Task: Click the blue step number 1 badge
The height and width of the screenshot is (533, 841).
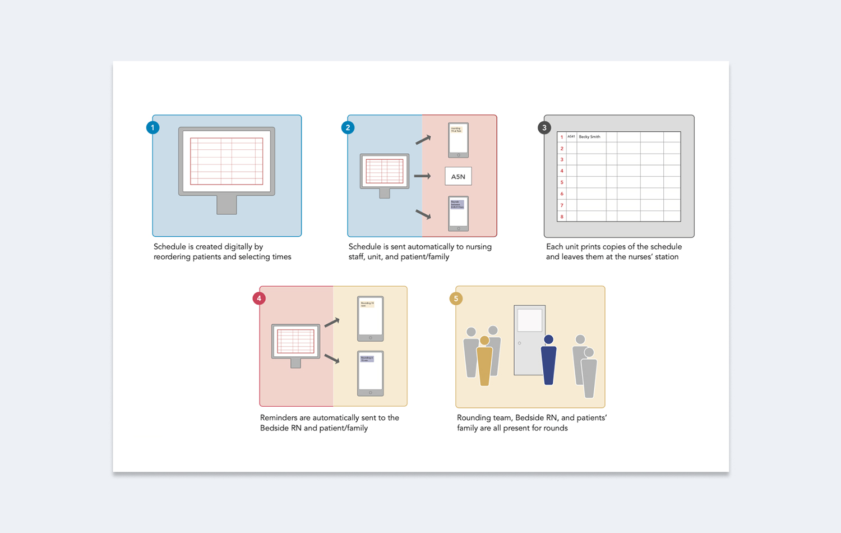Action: coord(153,128)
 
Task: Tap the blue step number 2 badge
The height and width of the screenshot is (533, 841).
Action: coord(348,128)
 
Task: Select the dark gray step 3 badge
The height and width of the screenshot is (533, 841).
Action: coord(544,128)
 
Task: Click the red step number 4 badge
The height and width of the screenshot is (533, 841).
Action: coord(259,298)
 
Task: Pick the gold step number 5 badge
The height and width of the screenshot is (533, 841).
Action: coord(456,298)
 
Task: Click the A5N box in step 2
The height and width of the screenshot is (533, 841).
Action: coord(458,176)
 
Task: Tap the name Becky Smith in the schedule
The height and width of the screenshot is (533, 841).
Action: coord(589,137)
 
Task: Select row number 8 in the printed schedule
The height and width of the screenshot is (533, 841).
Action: coord(562,217)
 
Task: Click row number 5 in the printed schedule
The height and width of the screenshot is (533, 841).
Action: coord(562,182)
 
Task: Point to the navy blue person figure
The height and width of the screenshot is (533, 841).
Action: coord(548,362)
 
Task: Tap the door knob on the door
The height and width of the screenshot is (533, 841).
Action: coord(520,343)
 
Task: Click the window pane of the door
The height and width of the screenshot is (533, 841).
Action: coord(529,320)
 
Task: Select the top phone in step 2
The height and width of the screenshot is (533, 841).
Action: coord(458,140)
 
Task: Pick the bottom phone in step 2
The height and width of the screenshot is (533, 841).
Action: coord(458,213)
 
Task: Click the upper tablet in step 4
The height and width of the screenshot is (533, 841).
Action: coord(370,319)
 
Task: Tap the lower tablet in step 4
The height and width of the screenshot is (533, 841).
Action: coord(370,373)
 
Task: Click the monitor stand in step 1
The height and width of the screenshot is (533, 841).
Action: coord(227,205)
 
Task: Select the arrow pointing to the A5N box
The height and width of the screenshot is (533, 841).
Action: coord(422,176)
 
